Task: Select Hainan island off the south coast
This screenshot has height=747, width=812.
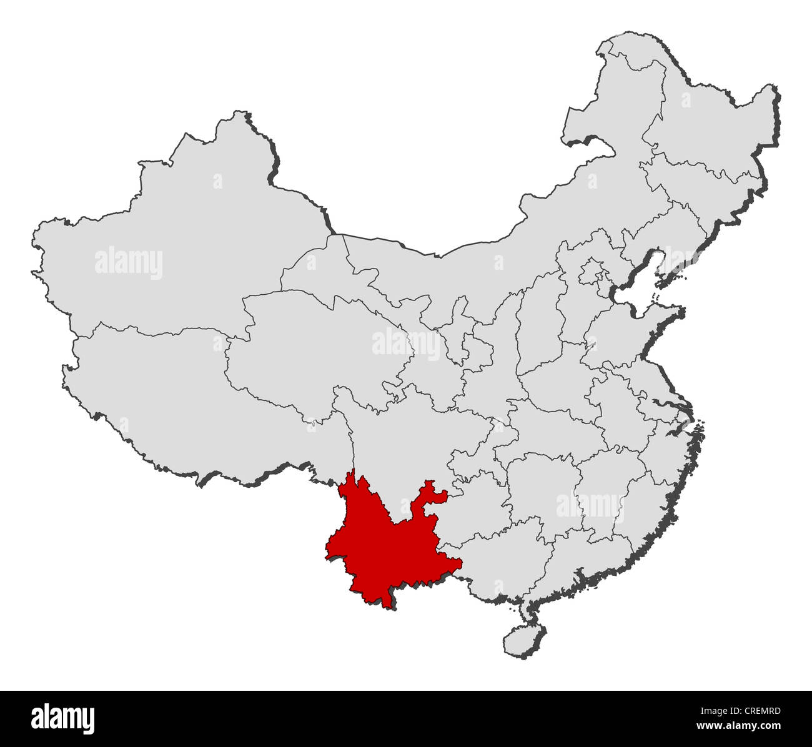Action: (x=517, y=638)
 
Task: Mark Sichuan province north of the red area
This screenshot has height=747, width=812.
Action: (x=406, y=437)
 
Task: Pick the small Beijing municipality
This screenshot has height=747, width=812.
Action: (x=590, y=272)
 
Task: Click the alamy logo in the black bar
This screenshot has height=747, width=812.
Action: (x=63, y=716)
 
